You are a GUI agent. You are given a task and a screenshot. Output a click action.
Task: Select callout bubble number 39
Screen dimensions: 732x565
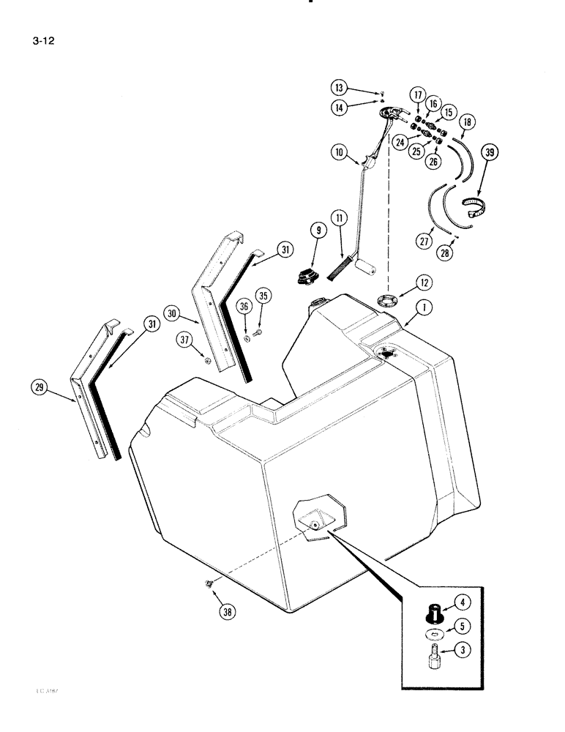coord(489,154)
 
